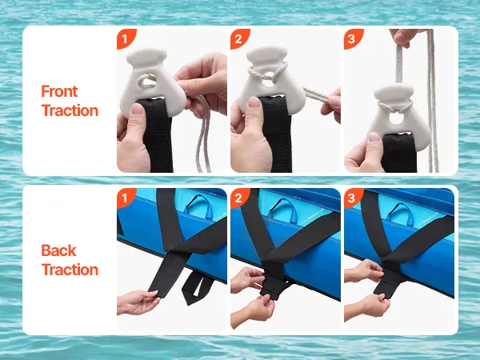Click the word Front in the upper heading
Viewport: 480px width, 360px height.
coord(59,91)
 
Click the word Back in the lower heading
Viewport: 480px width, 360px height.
coord(58,250)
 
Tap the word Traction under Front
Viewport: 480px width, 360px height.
coord(70,110)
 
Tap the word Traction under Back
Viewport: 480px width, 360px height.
coord(70,270)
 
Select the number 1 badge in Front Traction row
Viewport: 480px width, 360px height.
coord(125,38)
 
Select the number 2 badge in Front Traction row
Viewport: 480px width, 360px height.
coord(238,38)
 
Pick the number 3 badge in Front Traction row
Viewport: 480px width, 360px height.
coord(352,38)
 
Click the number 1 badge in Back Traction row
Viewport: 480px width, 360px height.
coord(125,198)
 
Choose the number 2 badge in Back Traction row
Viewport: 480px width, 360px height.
coord(238,198)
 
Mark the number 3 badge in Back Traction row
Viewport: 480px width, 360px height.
coord(352,198)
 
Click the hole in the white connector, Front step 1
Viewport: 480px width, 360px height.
coord(147,82)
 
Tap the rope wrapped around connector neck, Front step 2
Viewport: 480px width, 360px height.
coord(267,72)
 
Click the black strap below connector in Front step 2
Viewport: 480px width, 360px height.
coord(276,134)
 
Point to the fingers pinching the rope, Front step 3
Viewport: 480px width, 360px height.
coord(403,38)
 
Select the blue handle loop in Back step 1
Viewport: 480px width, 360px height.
coord(198,206)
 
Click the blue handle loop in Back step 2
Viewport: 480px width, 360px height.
coord(283,210)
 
